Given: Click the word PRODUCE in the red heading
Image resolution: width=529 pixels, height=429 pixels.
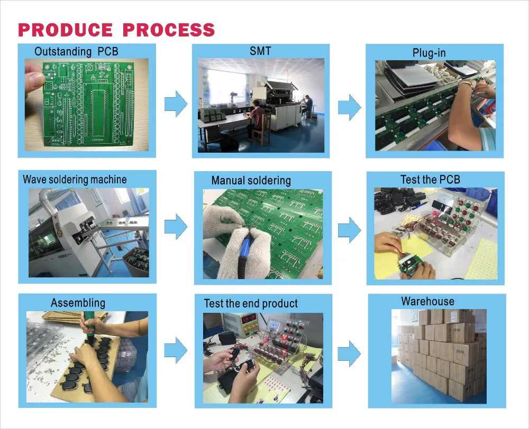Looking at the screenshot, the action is tap(65, 30).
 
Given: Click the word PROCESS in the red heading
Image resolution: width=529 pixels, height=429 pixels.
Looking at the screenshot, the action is tap(169, 30).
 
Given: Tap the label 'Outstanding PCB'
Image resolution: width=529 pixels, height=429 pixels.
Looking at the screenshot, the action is tap(76, 52).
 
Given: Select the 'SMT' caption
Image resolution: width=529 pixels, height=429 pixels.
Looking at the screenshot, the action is tap(260, 51).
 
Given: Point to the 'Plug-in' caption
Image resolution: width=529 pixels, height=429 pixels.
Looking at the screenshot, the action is tap(429, 53).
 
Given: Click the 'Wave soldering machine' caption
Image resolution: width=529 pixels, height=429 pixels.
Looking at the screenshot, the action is tap(75, 179).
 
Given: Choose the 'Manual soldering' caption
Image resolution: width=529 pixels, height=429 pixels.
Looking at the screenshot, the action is tap(251, 181).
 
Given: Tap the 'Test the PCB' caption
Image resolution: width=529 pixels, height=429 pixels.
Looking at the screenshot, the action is tap(430, 179).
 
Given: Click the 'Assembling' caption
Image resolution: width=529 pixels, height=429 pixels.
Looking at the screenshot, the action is tap(78, 303).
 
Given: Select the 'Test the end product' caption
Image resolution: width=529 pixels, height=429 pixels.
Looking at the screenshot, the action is tap(251, 304).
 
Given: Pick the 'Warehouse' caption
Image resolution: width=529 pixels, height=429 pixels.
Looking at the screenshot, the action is tap(427, 301).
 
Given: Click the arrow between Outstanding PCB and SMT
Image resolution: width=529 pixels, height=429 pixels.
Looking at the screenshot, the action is tap(176, 104).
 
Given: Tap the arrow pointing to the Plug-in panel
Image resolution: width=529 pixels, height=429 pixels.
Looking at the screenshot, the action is tap(350, 107).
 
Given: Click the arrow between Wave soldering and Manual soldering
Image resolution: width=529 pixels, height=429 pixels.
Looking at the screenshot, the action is tap(176, 227).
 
